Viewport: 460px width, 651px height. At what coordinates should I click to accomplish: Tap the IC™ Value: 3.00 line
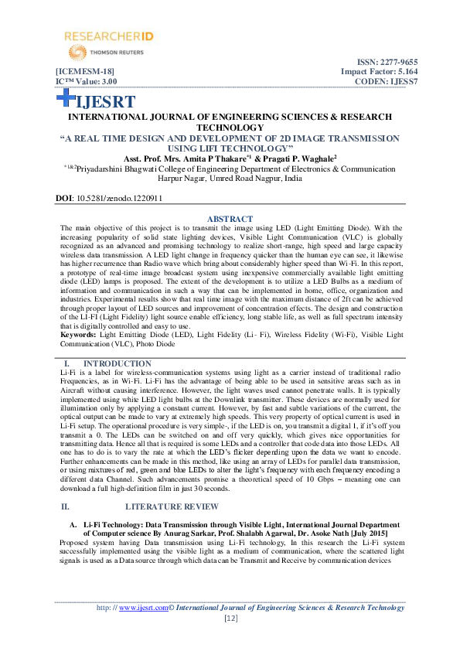86,80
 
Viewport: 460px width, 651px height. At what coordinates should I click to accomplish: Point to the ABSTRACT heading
230,218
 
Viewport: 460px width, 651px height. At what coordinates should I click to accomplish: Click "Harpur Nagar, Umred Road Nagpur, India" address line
229,176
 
